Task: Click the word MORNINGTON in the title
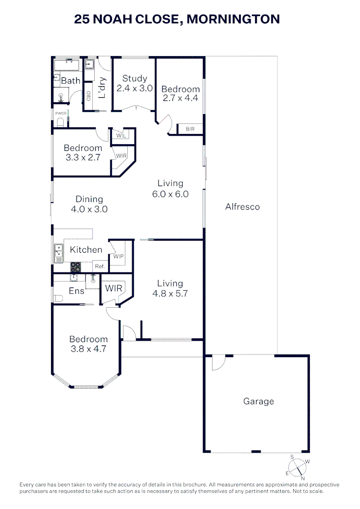[233, 19]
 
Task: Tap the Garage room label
[258, 402]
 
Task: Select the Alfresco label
[242, 206]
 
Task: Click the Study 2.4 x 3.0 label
[135, 83]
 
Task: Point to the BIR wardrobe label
[190, 129]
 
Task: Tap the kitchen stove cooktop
[75, 267]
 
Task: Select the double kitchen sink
[58, 253]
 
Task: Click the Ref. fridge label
[99, 266]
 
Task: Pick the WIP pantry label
[118, 256]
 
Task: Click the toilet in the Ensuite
[57, 298]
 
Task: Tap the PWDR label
[61, 113]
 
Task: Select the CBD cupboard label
[88, 96]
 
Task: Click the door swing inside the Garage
[218, 362]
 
